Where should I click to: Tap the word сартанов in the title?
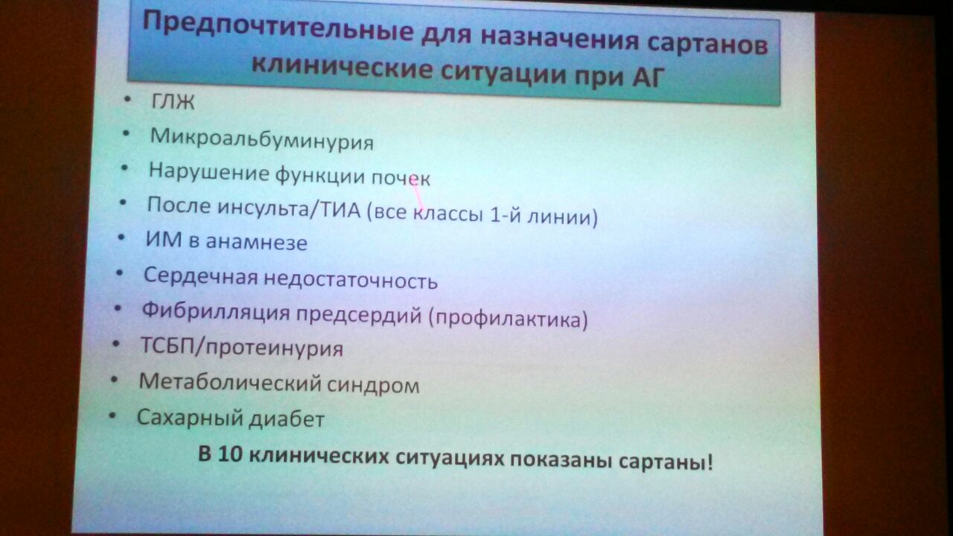[x=707, y=43]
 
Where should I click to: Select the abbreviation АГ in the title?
[x=648, y=76]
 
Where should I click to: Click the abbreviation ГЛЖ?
[x=173, y=102]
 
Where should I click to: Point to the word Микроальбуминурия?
[x=261, y=139]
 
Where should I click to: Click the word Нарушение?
[x=209, y=171]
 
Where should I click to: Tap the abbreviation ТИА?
[x=340, y=209]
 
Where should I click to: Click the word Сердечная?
[x=201, y=276]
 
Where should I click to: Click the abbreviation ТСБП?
[x=167, y=345]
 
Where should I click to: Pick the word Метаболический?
[x=230, y=383]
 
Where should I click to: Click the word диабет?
[x=287, y=419]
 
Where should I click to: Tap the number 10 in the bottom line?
[x=230, y=455]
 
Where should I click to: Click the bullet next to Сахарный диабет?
[x=112, y=415]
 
